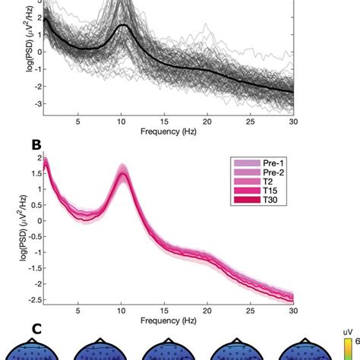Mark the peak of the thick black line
[123, 25]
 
